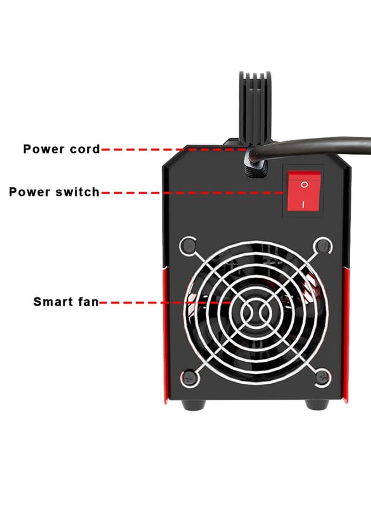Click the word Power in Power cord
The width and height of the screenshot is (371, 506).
point(44,149)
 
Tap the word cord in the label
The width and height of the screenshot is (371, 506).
point(85,149)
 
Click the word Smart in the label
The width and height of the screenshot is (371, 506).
point(53,302)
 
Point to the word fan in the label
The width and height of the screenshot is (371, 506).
point(88,302)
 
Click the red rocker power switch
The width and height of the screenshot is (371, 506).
point(303,192)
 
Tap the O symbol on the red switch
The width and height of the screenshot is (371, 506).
point(304,185)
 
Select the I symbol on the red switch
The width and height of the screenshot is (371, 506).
point(303,204)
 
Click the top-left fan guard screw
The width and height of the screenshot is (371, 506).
point(188,246)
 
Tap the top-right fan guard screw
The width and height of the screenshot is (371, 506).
point(322,246)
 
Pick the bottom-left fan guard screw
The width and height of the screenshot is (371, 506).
point(188,377)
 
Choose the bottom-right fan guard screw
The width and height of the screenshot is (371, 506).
point(322,377)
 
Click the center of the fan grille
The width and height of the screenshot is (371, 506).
point(255,312)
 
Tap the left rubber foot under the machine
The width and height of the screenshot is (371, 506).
point(193,404)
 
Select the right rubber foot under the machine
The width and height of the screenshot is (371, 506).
point(317,404)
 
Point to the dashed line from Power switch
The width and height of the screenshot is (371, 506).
point(192,193)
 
